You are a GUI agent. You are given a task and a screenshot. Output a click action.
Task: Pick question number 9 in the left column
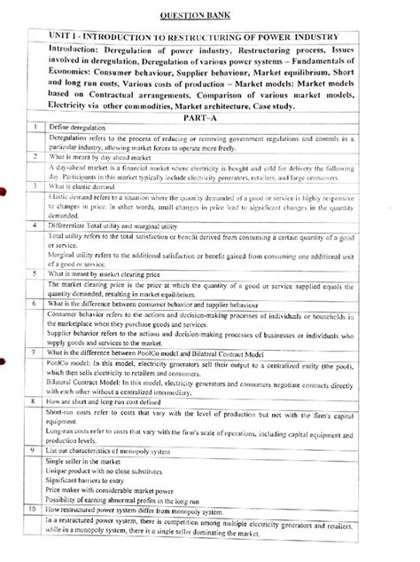point(33,452)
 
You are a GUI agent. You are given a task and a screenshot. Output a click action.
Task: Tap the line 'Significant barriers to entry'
point(89,487)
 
